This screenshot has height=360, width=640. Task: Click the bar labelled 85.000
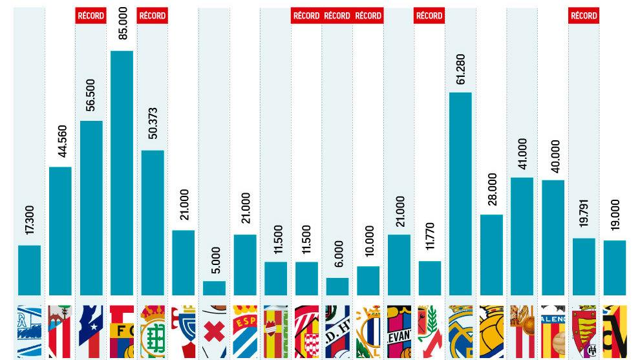pyautogui.click(x=122, y=173)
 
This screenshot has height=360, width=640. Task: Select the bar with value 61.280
pyautogui.click(x=460, y=194)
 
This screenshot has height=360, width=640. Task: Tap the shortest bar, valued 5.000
pyautogui.click(x=214, y=288)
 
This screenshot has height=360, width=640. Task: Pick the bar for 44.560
pyautogui.click(x=60, y=231)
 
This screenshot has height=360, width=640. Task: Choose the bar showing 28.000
pyautogui.click(x=491, y=255)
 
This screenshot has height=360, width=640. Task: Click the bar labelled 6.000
pyautogui.click(x=337, y=286)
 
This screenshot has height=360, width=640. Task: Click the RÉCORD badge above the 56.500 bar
pyautogui.click(x=91, y=16)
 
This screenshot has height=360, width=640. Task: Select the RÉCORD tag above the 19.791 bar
pyautogui.click(x=584, y=16)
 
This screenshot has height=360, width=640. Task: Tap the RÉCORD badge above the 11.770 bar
pyautogui.click(x=429, y=16)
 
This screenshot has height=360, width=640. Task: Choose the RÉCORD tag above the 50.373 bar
pyautogui.click(x=153, y=16)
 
